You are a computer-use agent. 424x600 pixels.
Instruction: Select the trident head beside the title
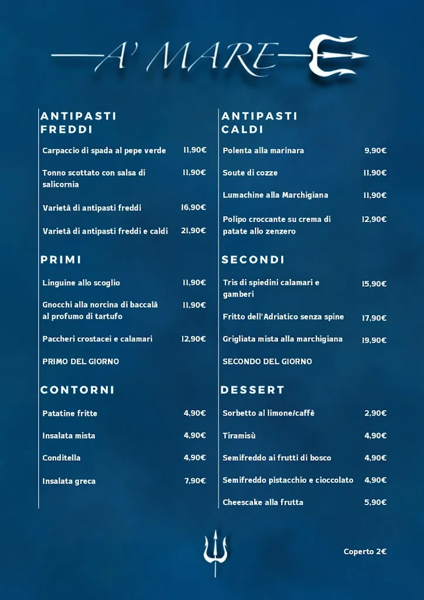334,56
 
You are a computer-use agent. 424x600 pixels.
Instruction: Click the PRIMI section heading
61,260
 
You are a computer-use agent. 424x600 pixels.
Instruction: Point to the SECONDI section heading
253,260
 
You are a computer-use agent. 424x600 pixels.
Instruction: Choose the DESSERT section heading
252,390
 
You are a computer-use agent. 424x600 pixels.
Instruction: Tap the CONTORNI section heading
77,390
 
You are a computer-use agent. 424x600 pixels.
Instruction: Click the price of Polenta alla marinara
375,151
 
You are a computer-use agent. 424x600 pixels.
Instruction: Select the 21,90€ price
193,231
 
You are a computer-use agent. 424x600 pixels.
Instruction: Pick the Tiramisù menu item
239,435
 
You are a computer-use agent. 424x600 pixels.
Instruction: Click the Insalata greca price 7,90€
195,481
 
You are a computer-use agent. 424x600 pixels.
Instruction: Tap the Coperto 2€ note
365,551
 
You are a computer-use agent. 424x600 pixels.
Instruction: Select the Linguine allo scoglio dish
81,283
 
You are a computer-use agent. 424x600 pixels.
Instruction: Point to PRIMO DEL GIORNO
80,362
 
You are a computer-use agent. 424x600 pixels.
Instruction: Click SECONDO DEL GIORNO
267,362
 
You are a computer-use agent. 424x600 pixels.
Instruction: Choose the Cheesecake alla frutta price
375,502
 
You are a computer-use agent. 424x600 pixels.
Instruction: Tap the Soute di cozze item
250,173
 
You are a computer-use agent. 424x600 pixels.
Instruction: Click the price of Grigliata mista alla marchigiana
374,340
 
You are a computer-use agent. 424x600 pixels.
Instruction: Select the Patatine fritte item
70,413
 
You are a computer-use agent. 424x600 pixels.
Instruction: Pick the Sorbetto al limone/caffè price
375,413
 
